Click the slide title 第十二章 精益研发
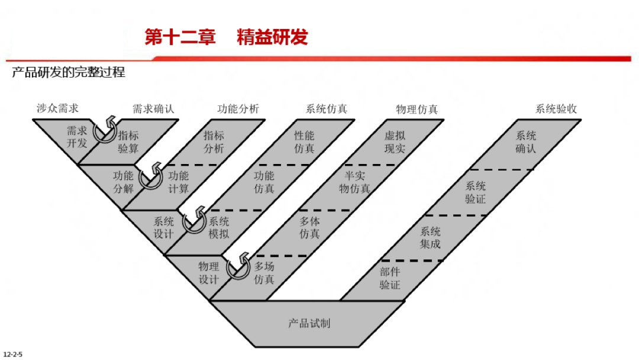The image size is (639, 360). (x=226, y=37)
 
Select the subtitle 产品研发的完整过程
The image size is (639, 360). (x=69, y=73)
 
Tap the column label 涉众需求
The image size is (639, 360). (x=57, y=108)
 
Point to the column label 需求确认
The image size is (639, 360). (x=153, y=109)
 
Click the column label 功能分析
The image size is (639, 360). (x=238, y=109)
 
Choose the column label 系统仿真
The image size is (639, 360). (x=326, y=109)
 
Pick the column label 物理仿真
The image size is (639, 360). (x=417, y=110)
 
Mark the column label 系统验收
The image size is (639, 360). (x=556, y=109)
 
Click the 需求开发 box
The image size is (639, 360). (x=77, y=137)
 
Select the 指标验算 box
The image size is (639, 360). (x=128, y=142)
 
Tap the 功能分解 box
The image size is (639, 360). (x=124, y=182)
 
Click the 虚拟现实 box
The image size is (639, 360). (x=395, y=142)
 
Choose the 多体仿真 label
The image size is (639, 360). (x=309, y=228)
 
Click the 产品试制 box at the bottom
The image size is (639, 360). (x=309, y=323)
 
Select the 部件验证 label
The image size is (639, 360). (x=390, y=278)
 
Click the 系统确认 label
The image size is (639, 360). (x=525, y=142)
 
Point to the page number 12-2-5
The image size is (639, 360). (x=12, y=354)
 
